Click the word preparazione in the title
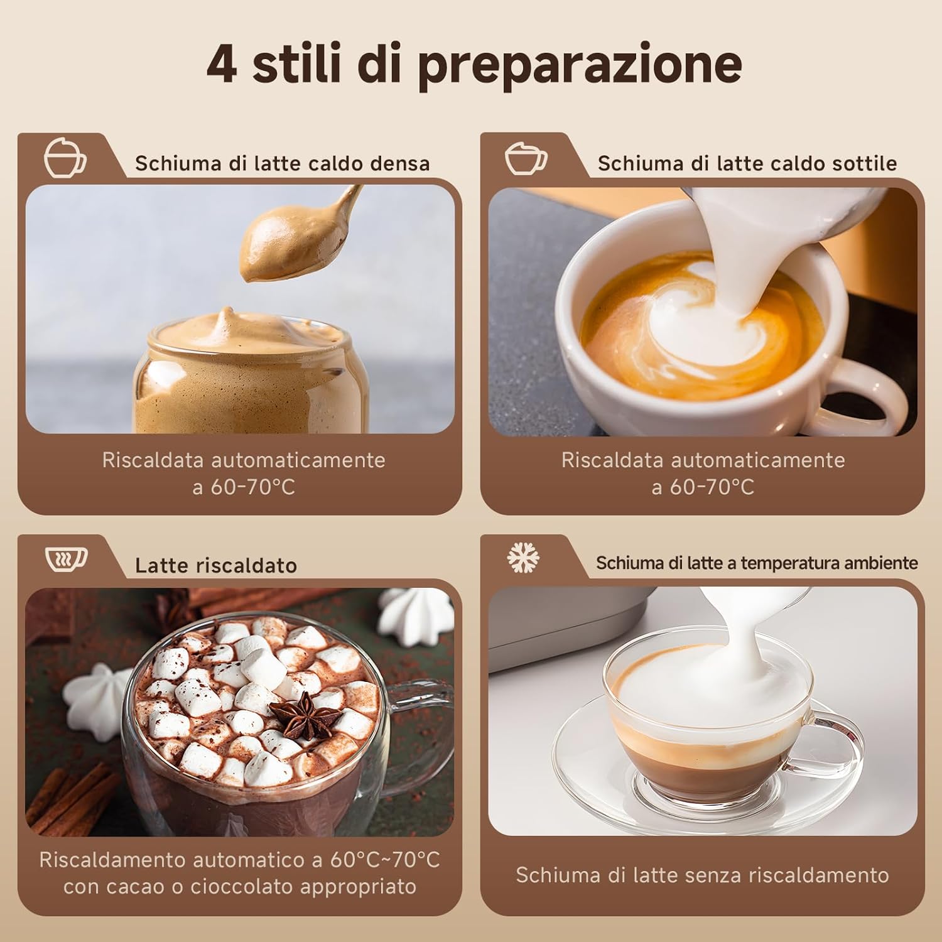click(579, 65)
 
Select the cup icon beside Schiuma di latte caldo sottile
click(526, 158)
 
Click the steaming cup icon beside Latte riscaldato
click(66, 558)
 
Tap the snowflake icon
click(523, 557)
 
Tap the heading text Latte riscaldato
click(215, 566)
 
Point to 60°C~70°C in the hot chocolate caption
click(385, 860)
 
